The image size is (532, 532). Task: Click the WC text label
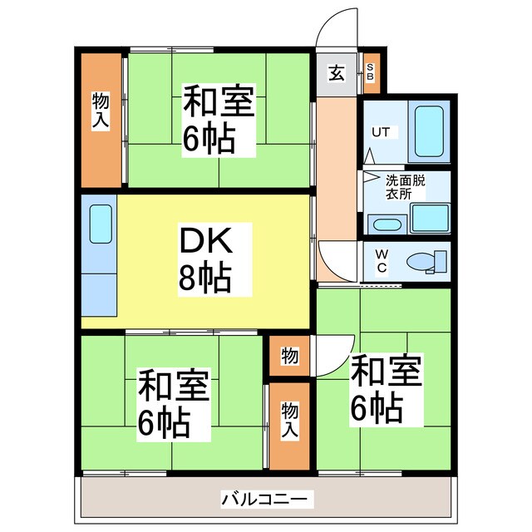click(381, 261)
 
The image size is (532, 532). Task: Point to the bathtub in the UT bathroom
click(429, 132)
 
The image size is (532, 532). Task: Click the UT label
click(381, 132)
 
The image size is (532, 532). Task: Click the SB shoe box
click(370, 73)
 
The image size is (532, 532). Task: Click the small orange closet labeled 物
click(289, 356)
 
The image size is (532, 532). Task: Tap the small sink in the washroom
click(385, 224)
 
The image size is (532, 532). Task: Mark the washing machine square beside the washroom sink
click(430, 218)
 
